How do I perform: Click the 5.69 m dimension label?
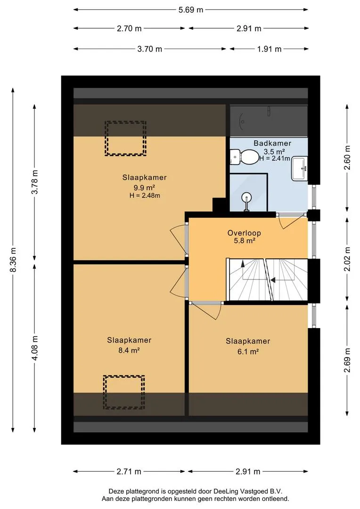tap(190, 10)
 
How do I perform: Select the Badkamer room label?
tap(272, 143)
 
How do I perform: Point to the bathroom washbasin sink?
tap(299, 168)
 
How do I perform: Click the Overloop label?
tap(244, 233)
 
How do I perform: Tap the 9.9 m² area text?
tap(144, 187)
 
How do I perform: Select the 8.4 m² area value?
tap(129, 350)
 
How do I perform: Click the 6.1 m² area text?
tap(248, 351)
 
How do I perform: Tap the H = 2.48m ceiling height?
tap(145, 196)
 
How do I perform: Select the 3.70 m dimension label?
tap(150, 49)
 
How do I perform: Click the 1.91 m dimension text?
tap(269, 49)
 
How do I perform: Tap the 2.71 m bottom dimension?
tap(129, 471)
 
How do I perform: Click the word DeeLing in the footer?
tap(225, 492)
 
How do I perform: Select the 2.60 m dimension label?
tap(347, 157)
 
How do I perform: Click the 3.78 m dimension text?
tap(35, 182)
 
